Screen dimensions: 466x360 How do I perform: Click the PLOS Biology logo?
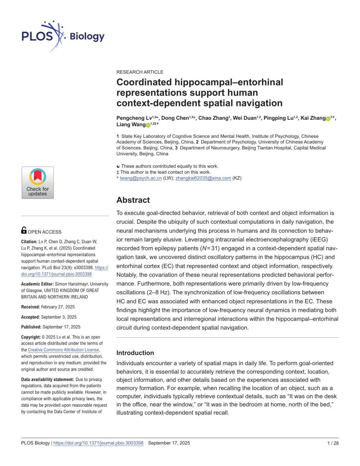[x=63, y=36]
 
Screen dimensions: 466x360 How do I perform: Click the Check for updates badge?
[x=37, y=183]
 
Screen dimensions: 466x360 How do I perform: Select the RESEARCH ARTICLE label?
[x=140, y=72]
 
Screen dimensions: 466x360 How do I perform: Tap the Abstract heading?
[x=133, y=200]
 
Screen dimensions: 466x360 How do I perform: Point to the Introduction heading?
[x=135, y=353]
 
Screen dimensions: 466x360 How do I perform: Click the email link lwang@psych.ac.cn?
[x=141, y=178]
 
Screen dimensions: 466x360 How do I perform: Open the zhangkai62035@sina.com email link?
[x=203, y=178]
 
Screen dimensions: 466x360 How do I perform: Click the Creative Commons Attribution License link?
[x=63, y=350]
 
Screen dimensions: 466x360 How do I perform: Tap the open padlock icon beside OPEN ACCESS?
[x=24, y=230]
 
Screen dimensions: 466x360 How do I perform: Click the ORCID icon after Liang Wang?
[x=148, y=125]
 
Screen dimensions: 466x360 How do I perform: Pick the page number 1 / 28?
[x=333, y=443]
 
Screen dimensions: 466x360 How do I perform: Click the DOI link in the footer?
[x=98, y=443]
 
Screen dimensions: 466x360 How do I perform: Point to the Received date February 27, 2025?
[x=58, y=307]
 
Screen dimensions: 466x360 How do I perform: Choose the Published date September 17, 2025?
[x=61, y=327]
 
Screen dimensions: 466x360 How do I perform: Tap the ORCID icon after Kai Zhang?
[x=328, y=119]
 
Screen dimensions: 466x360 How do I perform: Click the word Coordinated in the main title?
[x=144, y=82]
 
